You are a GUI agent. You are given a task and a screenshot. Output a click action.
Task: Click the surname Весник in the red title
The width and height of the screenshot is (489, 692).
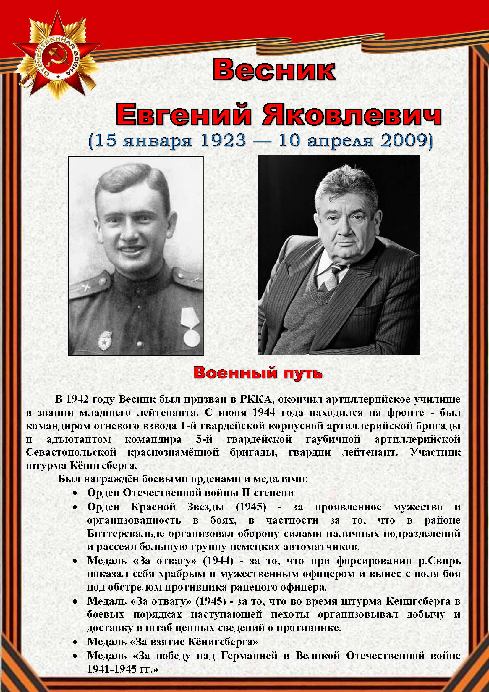pos(274,70)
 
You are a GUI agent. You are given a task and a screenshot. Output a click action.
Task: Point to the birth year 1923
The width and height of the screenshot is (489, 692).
pos(224,141)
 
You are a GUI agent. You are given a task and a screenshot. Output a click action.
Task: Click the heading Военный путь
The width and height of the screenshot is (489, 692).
pos(258,373)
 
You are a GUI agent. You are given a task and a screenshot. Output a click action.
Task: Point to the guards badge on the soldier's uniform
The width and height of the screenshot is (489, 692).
pos(105,341)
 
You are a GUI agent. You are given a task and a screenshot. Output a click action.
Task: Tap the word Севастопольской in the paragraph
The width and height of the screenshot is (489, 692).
pos(71,452)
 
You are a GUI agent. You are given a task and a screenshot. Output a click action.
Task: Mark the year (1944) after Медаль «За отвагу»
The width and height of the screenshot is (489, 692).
pos(218,561)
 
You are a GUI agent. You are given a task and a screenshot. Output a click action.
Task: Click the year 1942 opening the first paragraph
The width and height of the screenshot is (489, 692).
pos(77,399)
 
